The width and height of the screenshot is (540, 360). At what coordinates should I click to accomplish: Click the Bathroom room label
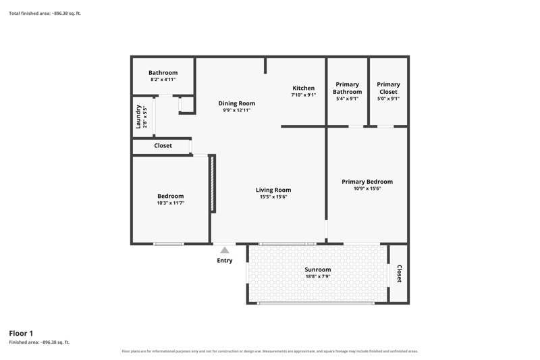[x=163, y=73]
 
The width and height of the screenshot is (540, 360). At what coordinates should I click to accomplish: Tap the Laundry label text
[x=138, y=117]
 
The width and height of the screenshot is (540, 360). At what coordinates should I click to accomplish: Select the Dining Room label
[x=237, y=103]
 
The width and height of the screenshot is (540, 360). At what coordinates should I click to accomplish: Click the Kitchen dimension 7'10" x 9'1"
[x=303, y=95]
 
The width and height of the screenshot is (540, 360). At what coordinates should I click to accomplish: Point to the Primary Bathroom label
[x=347, y=88]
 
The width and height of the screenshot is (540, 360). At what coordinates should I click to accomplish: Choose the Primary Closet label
[x=388, y=88]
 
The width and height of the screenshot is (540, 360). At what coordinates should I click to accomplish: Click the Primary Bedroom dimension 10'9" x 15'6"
[x=367, y=188]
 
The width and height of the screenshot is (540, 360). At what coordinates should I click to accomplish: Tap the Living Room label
[x=273, y=190]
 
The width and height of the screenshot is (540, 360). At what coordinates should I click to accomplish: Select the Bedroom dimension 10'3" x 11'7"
[x=171, y=203]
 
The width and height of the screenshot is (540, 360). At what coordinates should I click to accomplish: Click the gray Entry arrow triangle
[x=225, y=251]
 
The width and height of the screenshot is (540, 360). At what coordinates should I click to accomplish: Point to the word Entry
[x=225, y=261]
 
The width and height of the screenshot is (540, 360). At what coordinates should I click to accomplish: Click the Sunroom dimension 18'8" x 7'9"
[x=317, y=276]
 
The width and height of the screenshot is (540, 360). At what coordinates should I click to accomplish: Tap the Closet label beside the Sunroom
[x=399, y=274]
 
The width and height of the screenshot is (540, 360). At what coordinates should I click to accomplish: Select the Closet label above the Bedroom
[x=163, y=146]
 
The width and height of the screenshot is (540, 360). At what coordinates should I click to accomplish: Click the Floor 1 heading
[x=21, y=333]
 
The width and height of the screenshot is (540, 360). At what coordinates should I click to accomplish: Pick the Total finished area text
[x=45, y=14]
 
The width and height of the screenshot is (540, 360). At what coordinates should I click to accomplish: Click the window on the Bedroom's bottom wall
[x=168, y=244]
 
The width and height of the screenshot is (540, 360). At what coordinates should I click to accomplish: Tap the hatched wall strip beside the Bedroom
[x=212, y=183]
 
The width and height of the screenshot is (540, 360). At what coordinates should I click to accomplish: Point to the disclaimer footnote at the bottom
[x=269, y=351]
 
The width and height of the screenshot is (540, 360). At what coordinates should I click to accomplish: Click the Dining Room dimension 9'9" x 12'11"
[x=237, y=110]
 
